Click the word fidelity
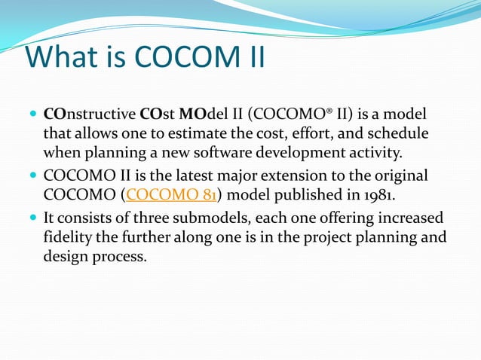pyautogui.click(x=69, y=237)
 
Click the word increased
pyautogui.click(x=408, y=218)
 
